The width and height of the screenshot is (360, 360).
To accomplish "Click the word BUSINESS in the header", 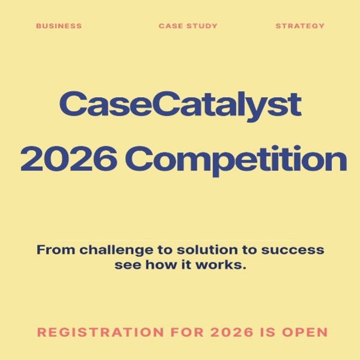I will pos(59,26).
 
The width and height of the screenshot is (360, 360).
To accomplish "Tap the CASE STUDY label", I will pos(188,26).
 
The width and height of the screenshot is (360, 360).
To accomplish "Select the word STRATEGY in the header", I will pos(300,26).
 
